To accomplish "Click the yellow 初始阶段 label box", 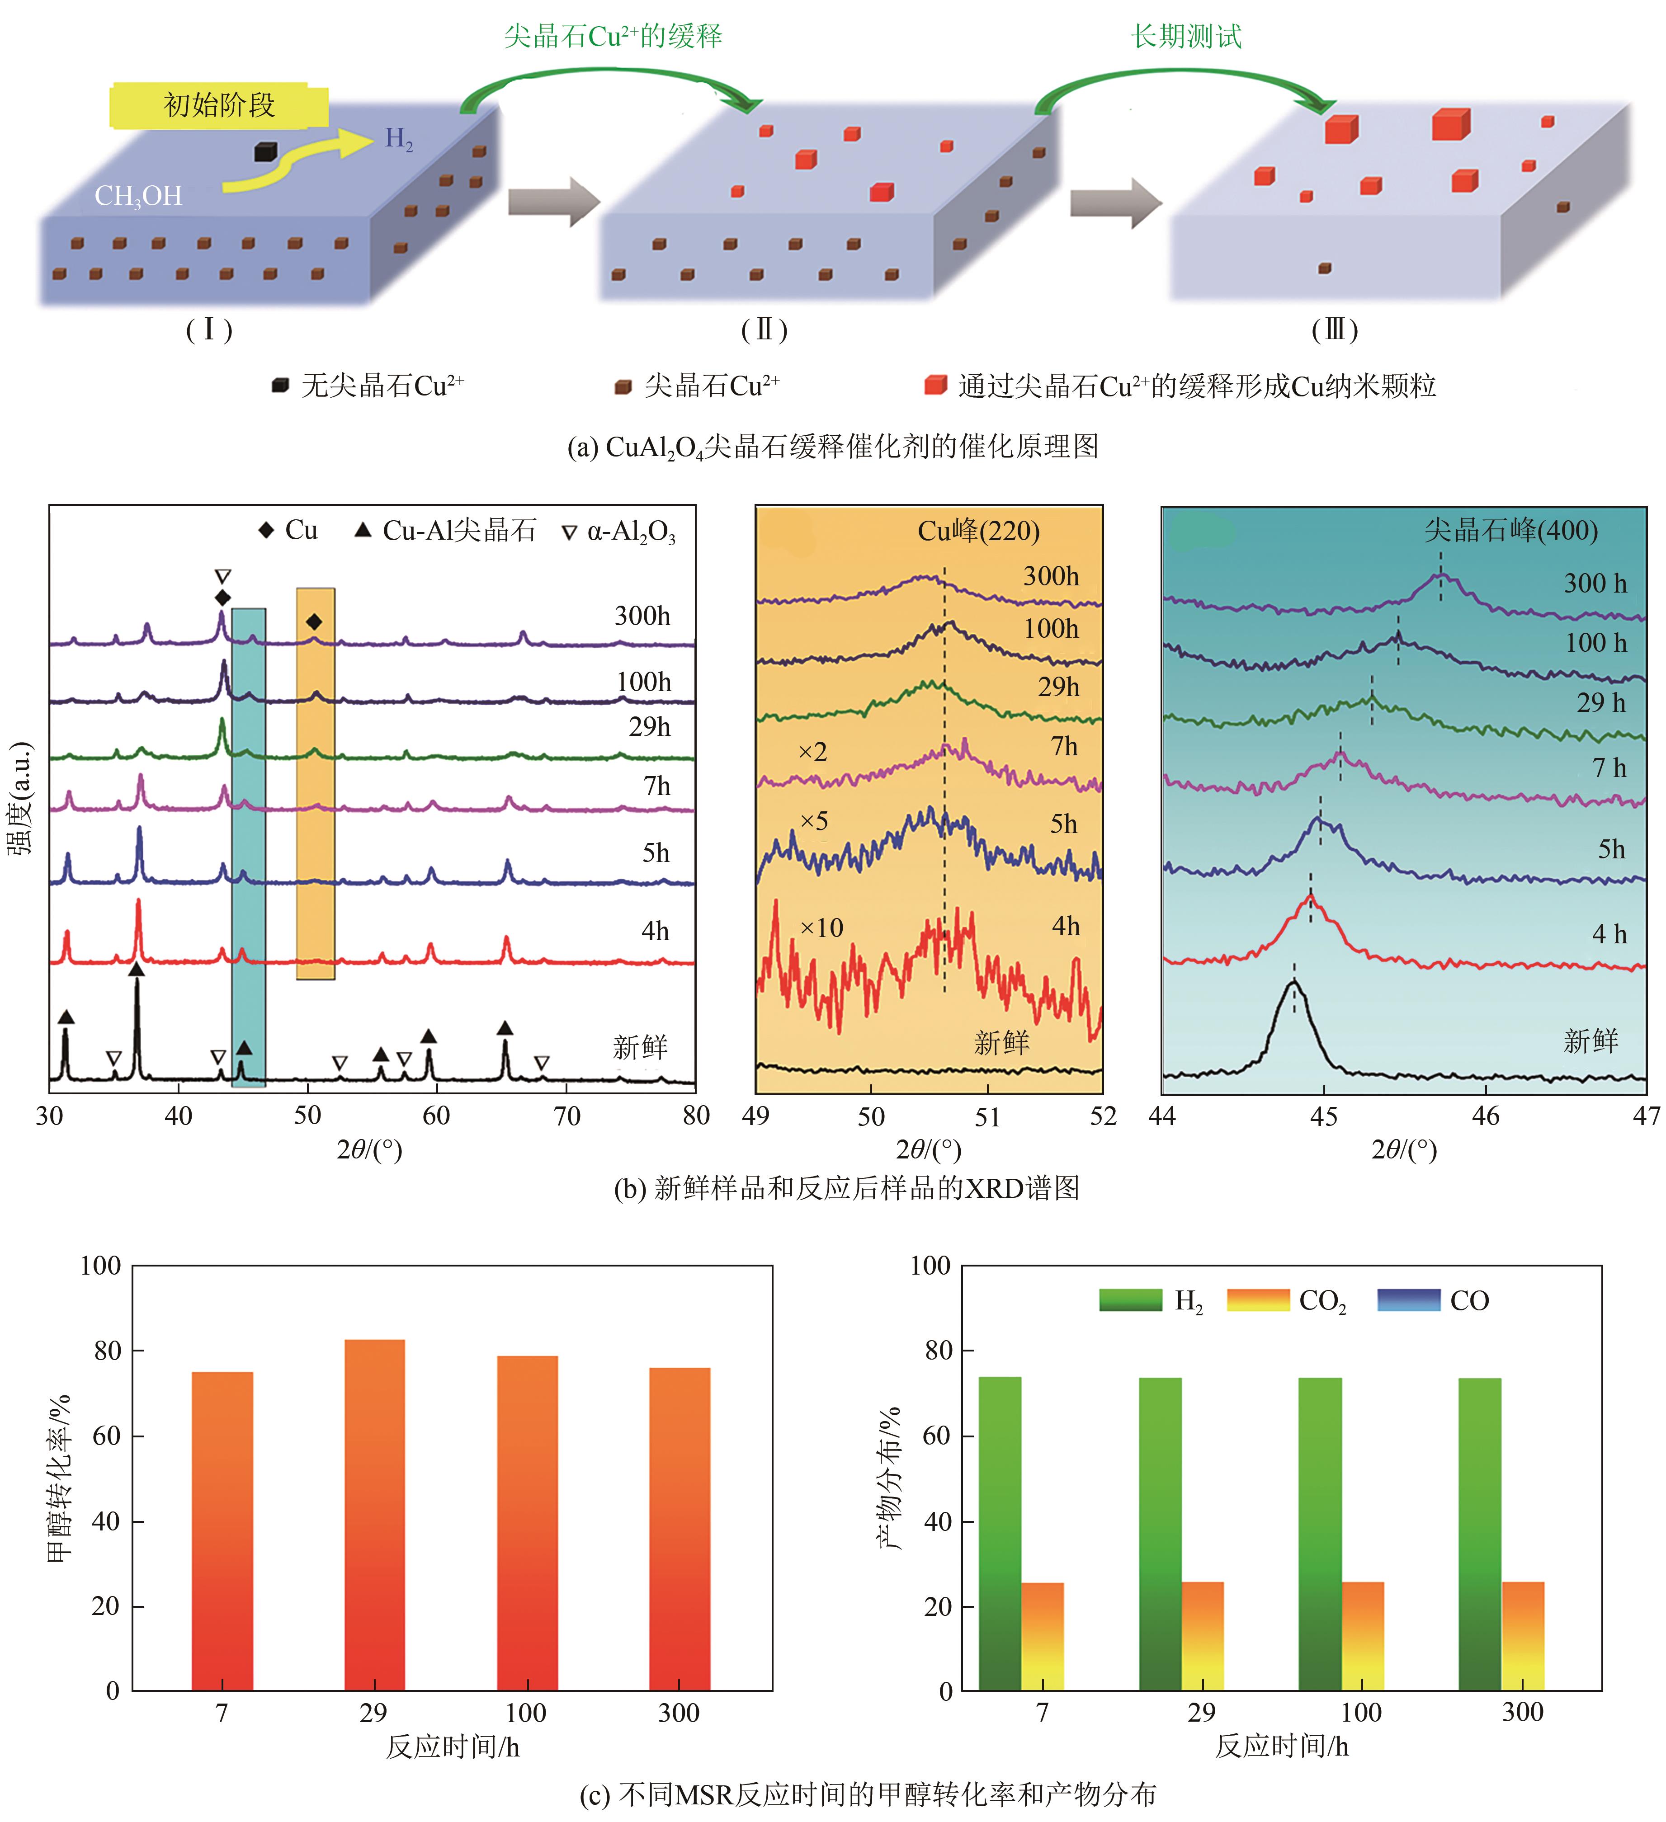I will click(219, 106).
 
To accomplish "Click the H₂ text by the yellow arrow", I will click(399, 138).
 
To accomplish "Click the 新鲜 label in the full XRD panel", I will click(640, 1047).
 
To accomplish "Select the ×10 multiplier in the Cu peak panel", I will click(821, 927).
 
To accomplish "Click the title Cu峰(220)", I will click(978, 531).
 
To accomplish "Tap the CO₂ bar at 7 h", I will click(1042, 1636).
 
